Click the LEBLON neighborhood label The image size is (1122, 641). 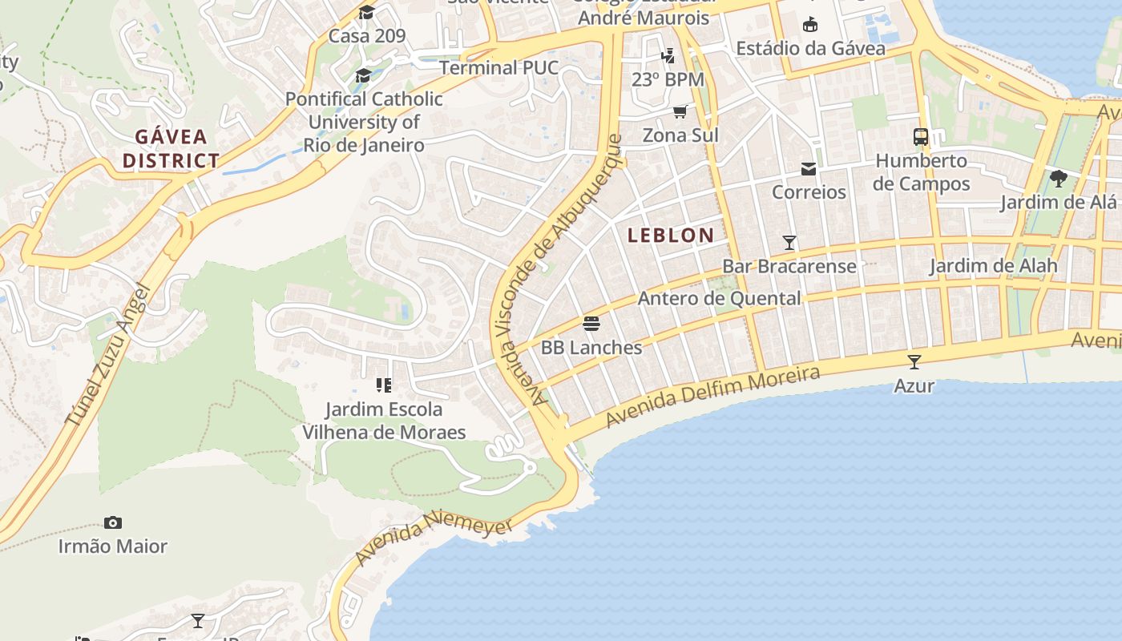click(x=671, y=235)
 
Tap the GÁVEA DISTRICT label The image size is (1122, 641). click(x=171, y=148)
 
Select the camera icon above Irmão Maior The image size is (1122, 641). click(x=113, y=522)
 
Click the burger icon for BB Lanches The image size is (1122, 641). click(x=591, y=324)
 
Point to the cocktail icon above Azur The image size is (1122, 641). click(x=914, y=361)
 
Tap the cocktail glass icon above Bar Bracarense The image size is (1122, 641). click(x=789, y=242)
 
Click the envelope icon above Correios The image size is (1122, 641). click(x=809, y=169)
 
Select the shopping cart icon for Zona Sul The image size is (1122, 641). click(x=680, y=111)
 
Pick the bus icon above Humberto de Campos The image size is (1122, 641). click(x=921, y=137)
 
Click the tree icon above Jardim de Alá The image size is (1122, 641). click(x=1058, y=178)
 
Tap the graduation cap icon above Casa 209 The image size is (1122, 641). click(x=366, y=12)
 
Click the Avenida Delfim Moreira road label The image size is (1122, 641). click(x=712, y=397)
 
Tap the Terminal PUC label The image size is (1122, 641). click(x=498, y=67)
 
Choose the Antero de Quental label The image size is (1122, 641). click(x=719, y=298)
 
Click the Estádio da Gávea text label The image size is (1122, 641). click(x=810, y=48)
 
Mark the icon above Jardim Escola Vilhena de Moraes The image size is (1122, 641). click(x=383, y=385)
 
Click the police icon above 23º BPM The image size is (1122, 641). click(x=668, y=55)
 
